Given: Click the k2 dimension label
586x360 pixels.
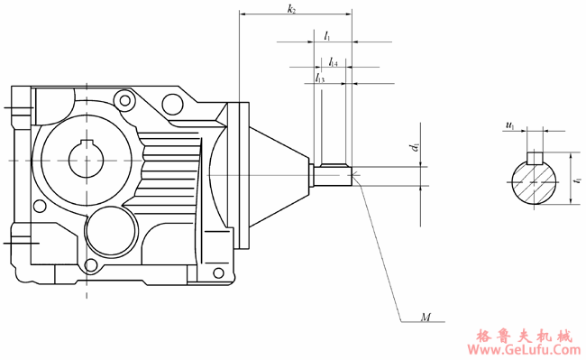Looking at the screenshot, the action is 291,9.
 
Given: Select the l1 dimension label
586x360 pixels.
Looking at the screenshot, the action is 327,36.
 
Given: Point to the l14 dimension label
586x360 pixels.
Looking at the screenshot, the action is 334,62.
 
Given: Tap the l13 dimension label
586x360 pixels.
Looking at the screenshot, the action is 320,78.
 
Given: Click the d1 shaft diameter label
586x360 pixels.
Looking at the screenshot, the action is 415,147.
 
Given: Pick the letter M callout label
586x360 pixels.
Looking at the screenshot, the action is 426,318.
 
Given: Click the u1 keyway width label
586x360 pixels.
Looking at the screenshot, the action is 509,125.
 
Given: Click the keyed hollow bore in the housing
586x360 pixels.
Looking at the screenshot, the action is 86,160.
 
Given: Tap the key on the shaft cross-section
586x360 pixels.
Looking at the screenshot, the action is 535,158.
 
